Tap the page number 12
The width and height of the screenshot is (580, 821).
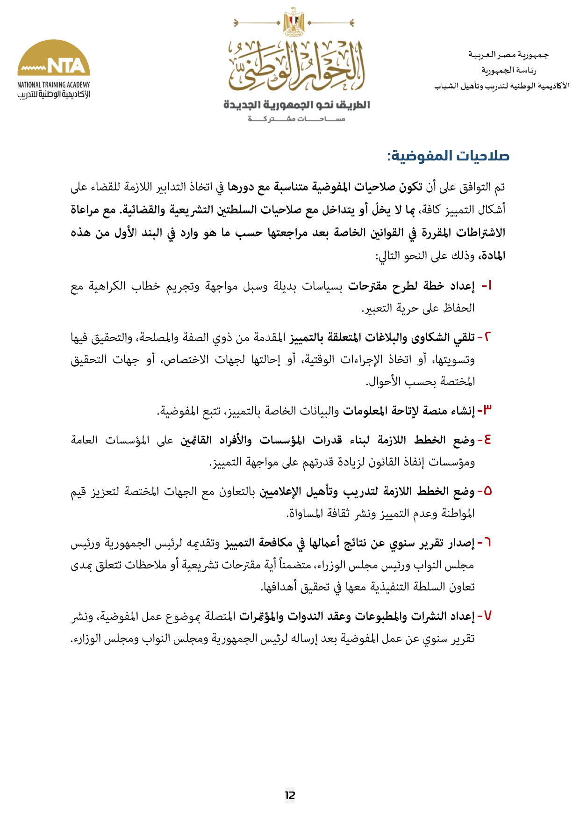click(290, 795)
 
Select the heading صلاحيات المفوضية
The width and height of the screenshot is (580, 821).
click(448, 156)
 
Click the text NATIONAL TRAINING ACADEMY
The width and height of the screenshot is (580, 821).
click(54, 85)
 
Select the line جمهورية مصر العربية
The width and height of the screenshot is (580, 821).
click(508, 55)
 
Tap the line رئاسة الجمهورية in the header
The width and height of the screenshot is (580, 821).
click(508, 70)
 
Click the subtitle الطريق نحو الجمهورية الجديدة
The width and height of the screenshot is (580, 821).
click(297, 105)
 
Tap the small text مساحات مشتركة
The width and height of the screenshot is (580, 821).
click(296, 119)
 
